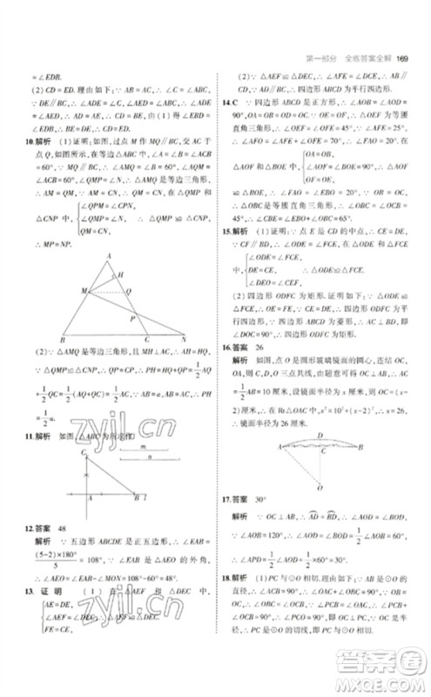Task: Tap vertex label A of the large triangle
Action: [x=109, y=255]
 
